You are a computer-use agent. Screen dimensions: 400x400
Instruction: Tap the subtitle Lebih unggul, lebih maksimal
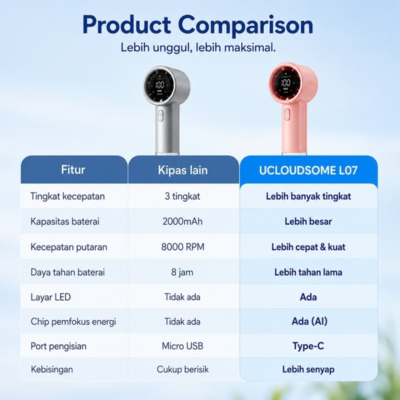pos(198,47)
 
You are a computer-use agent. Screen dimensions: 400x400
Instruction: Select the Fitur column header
pos(73,169)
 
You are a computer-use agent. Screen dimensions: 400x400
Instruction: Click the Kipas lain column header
pos(182,170)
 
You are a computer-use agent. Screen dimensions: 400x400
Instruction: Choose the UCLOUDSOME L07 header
pos(308,170)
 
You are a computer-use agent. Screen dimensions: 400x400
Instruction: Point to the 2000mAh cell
pos(182,221)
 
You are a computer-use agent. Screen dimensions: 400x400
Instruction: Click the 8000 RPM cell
pos(182,247)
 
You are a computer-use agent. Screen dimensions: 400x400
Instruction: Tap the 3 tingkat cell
pos(182,196)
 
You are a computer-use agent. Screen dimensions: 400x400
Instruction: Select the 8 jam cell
pos(182,272)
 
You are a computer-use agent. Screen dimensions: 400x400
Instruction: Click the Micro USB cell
pos(182,346)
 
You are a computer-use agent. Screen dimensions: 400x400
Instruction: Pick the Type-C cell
pos(308,346)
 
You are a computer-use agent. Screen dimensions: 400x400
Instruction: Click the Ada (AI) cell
pos(309,321)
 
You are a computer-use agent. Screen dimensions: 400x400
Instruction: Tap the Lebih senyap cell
pos(308,369)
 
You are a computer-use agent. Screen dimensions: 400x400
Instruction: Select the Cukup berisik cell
pos(182,369)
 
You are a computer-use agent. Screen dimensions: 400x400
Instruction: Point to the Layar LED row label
pos(50,297)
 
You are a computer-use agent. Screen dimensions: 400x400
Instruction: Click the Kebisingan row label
pos(52,369)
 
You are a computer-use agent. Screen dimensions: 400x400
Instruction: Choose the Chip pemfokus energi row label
pos(73,321)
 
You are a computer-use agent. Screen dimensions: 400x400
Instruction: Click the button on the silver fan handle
pos(160,115)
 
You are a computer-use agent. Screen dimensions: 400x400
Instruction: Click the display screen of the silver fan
pos(160,84)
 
